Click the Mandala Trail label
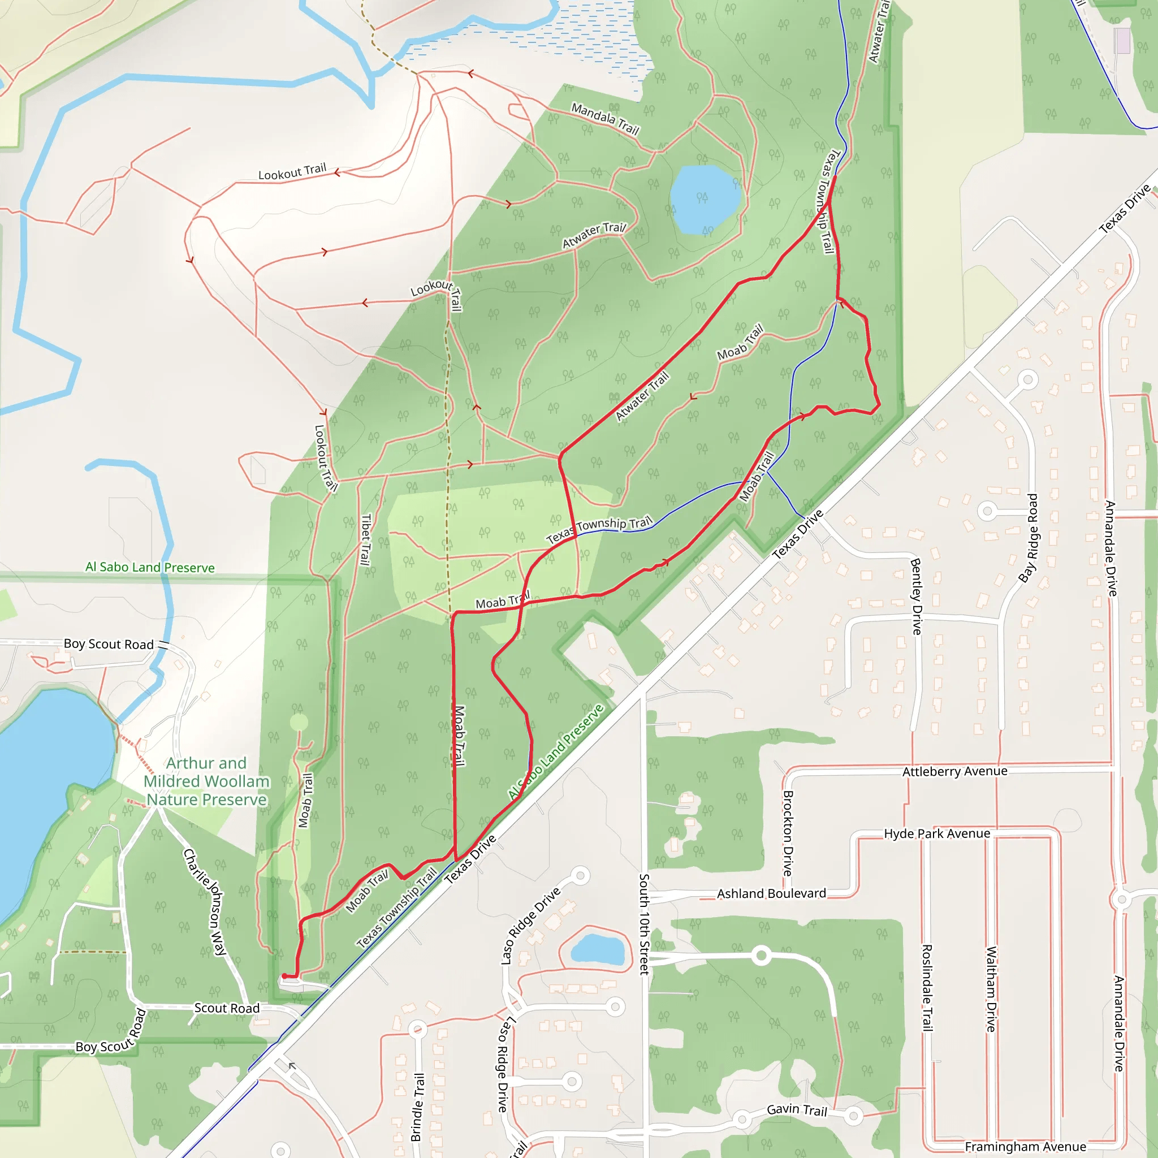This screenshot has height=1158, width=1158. (x=605, y=118)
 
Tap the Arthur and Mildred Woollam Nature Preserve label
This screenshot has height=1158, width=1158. (x=206, y=781)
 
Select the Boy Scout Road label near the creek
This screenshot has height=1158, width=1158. (x=109, y=645)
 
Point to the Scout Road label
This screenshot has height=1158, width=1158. (x=227, y=1008)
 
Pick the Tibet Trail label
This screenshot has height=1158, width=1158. (x=365, y=539)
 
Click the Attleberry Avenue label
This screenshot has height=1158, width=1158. (x=955, y=771)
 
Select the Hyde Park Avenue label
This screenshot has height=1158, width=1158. (x=937, y=834)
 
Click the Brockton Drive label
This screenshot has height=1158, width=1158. (x=788, y=833)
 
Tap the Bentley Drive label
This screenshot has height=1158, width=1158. (x=916, y=597)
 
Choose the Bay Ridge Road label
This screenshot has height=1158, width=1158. (x=1028, y=538)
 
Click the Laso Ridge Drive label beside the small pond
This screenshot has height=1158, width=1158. (x=530, y=926)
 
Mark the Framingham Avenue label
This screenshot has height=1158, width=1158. (x=1025, y=1147)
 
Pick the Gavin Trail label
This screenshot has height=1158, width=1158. (x=797, y=1110)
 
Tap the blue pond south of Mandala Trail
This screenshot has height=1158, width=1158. (x=705, y=199)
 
